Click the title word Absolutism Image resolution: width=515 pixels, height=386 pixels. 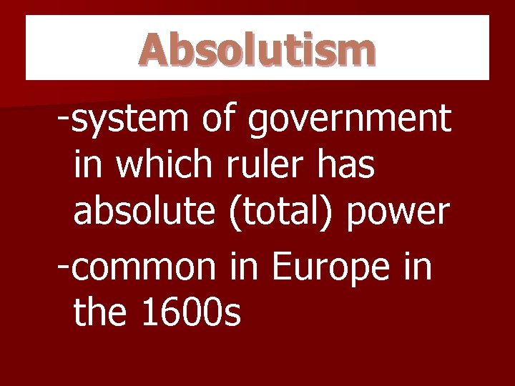[257, 49]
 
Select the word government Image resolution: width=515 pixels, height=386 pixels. [349, 120]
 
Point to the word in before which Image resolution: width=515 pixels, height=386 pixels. [89, 165]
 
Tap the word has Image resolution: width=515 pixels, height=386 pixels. [346, 165]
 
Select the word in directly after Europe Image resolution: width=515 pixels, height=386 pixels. [418, 266]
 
